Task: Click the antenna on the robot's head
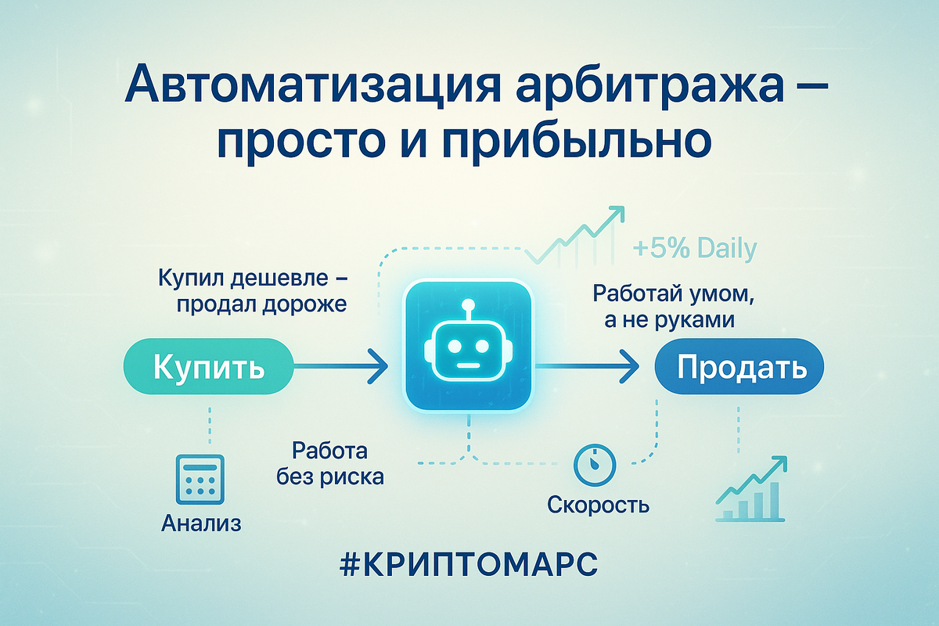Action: point(468,308)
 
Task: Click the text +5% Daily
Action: point(694,248)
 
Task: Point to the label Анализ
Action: point(201,523)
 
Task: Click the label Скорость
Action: point(598,505)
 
